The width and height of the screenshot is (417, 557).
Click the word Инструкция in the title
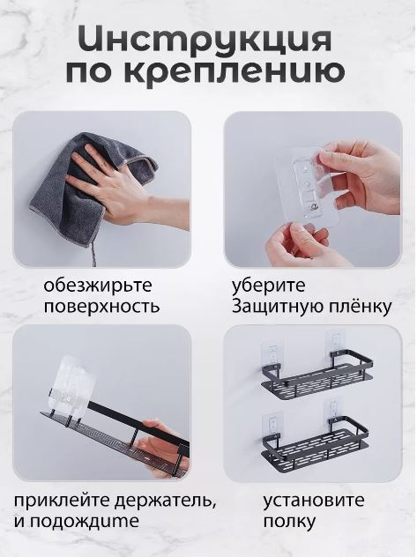(205, 40)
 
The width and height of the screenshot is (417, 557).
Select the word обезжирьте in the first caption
(98, 286)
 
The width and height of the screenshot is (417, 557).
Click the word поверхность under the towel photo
(101, 307)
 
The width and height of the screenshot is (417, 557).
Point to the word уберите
(269, 286)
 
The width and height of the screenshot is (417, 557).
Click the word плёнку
(357, 306)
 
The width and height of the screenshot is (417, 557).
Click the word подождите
(84, 522)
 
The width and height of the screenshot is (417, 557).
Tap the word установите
(314, 501)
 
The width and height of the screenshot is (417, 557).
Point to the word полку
(289, 522)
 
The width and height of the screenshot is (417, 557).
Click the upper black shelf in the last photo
(316, 373)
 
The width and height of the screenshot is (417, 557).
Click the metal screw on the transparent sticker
(315, 206)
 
